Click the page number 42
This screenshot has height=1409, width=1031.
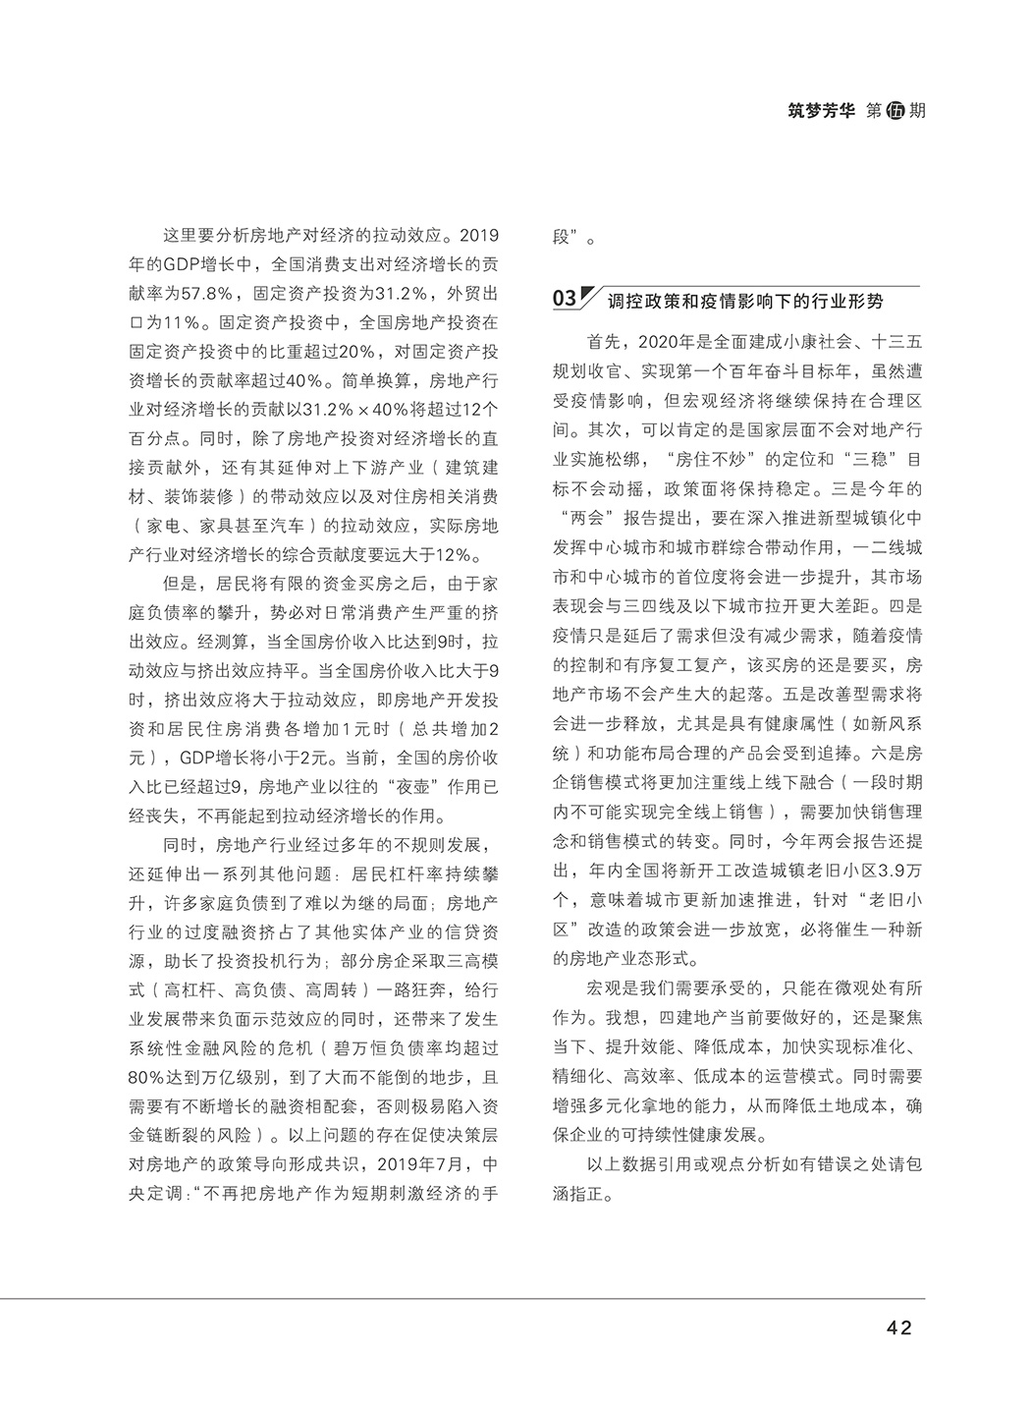(899, 1327)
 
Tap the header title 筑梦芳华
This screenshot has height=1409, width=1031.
(821, 111)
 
